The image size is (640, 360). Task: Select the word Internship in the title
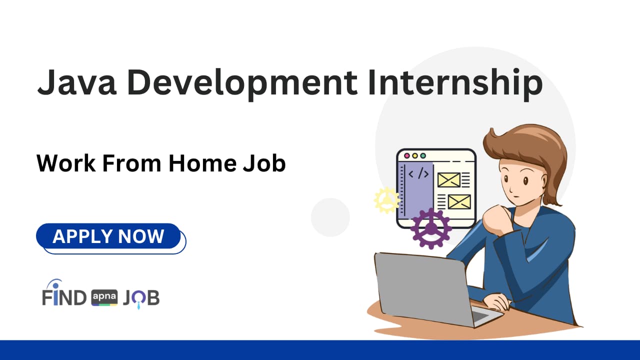[x=455, y=83]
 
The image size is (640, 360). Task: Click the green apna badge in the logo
[x=104, y=298]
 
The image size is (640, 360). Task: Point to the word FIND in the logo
[x=64, y=298]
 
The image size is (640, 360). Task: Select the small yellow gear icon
[x=386, y=200]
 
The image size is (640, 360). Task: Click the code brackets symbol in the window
[x=418, y=174]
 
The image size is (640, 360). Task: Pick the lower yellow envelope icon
[x=459, y=201]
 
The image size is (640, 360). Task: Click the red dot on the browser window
[x=406, y=155]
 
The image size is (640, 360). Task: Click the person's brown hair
[x=530, y=145]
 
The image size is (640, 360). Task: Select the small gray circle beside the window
[x=330, y=217]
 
